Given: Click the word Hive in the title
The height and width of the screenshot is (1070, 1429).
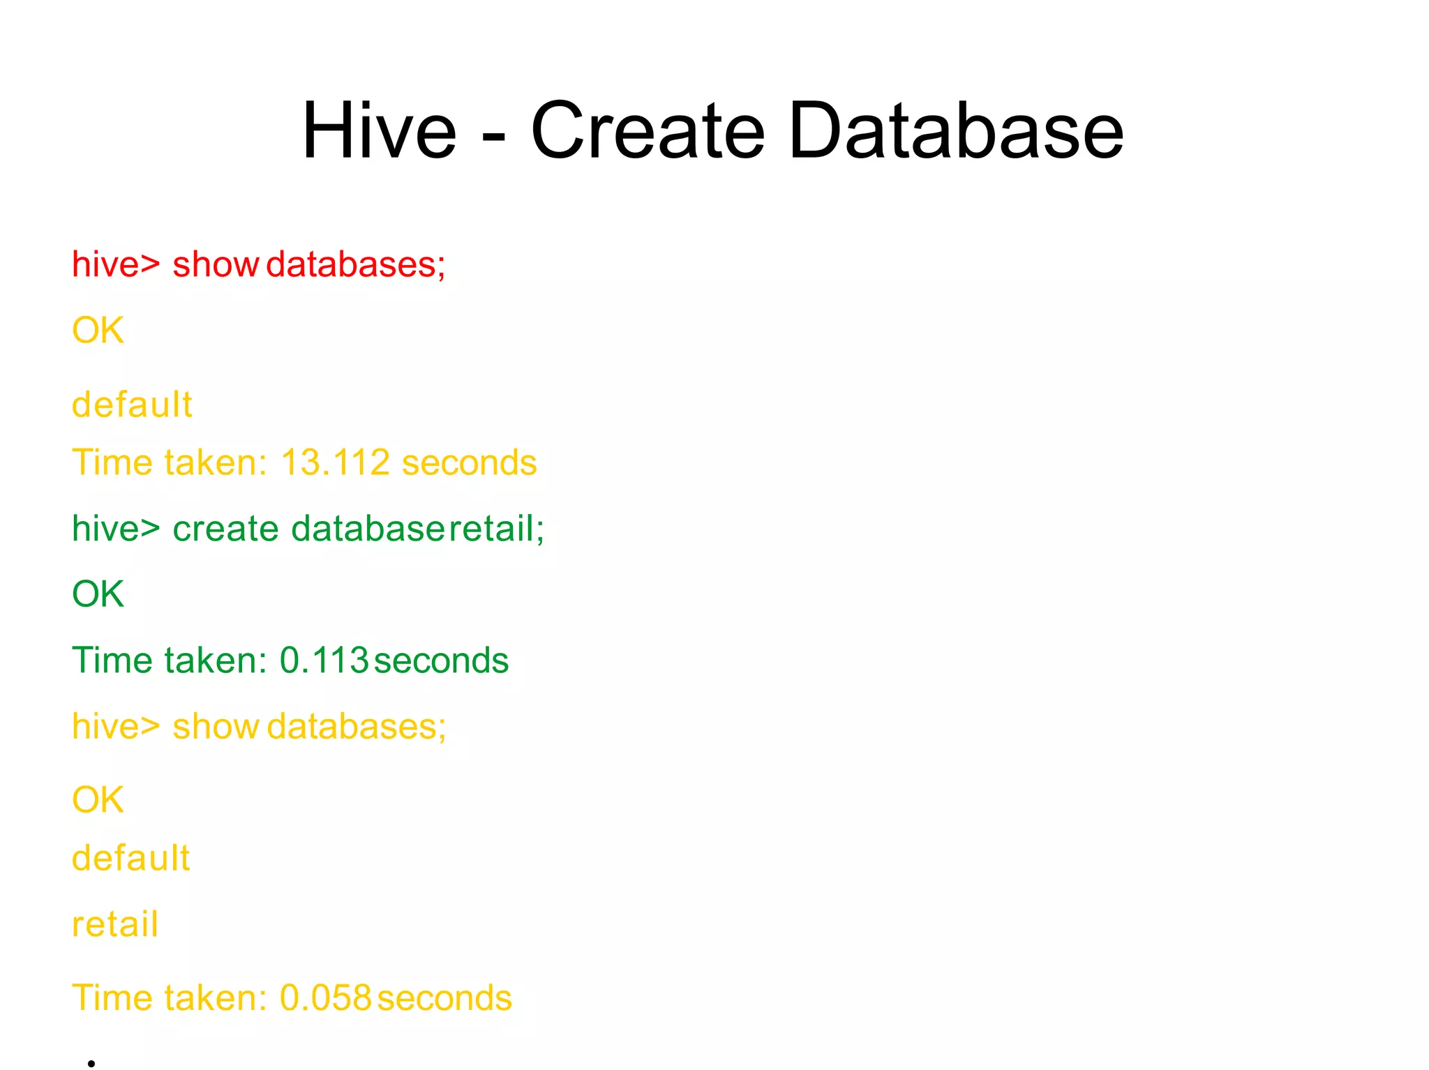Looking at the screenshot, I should pyautogui.click(x=379, y=130).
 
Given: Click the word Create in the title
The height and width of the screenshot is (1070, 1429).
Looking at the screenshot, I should pyautogui.click(x=648, y=130).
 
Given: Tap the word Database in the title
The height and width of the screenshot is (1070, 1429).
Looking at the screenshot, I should pyautogui.click(x=956, y=130).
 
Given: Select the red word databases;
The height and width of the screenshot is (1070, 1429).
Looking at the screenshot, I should pyautogui.click(x=356, y=264).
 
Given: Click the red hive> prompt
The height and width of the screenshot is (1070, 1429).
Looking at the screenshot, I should pyautogui.click(x=116, y=264).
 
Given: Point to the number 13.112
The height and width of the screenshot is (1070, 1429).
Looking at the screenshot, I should pyautogui.click(x=335, y=462).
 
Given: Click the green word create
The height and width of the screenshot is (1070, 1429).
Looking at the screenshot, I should pyautogui.click(x=225, y=529).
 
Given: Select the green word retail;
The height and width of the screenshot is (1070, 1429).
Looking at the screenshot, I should pyautogui.click(x=496, y=529).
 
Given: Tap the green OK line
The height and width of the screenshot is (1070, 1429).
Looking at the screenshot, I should pyautogui.click(x=98, y=594).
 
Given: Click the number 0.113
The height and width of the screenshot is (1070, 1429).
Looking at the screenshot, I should pyautogui.click(x=324, y=661).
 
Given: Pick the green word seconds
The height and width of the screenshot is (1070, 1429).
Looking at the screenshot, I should pyautogui.click(x=441, y=661).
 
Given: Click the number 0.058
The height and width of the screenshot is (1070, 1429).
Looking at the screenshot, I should pyautogui.click(x=325, y=997).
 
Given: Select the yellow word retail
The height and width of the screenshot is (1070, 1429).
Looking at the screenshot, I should pyautogui.click(x=115, y=924).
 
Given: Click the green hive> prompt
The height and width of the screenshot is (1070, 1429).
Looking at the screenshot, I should pyautogui.click(x=116, y=529).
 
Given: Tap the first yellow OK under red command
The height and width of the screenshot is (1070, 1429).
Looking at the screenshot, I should pyautogui.click(x=98, y=330).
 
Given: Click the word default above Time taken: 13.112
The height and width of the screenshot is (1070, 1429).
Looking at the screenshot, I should pyautogui.click(x=132, y=405).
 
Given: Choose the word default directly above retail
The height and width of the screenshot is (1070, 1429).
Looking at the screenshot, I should pyautogui.click(x=131, y=858).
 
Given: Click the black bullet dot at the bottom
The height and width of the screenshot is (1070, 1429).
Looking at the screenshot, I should pyautogui.click(x=91, y=1063).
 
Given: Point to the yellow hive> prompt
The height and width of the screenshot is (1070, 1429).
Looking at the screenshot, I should pyautogui.click(x=116, y=727).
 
